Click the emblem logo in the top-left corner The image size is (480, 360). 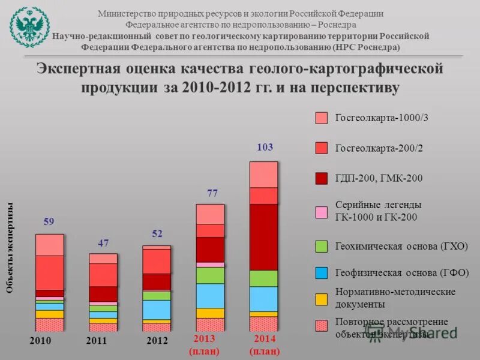[x=28, y=25]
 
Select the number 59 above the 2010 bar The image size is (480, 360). [x=49, y=222]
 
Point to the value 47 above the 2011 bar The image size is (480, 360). [x=103, y=243]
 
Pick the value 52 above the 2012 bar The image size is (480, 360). [x=157, y=234]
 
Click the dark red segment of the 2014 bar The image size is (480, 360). [x=263, y=237]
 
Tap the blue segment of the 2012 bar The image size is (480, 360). [x=157, y=309]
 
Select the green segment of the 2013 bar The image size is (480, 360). [x=210, y=275]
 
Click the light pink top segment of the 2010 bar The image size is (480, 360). [x=50, y=245]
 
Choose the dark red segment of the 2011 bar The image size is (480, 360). [x=103, y=293]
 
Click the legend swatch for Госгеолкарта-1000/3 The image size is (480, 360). [x=322, y=118]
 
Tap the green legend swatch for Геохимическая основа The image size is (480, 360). [x=322, y=245]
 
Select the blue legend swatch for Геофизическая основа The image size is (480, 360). [x=322, y=272]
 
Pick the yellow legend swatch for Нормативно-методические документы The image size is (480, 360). [x=322, y=298]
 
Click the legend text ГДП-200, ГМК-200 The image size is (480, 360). [x=379, y=178]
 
